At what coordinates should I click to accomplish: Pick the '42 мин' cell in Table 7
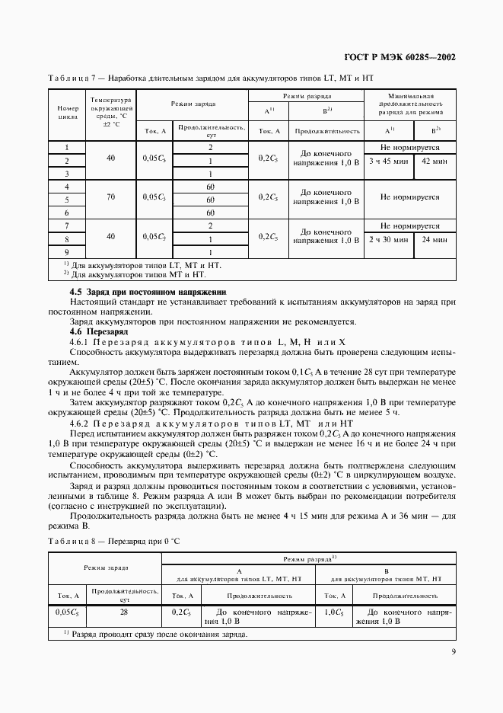coord(435,161)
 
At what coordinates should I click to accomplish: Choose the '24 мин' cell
coord(435,239)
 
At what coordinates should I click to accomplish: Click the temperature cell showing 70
coord(111,197)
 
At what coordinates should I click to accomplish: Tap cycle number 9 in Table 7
coord(67,251)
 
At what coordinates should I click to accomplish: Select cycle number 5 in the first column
coord(67,199)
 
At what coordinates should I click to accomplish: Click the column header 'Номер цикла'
coord(68,114)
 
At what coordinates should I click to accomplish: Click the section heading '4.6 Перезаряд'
coord(96,332)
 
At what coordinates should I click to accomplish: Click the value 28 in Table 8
coord(125,612)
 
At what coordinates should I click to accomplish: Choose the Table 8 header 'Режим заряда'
coord(106,568)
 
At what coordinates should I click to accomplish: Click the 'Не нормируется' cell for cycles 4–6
coord(410,197)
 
